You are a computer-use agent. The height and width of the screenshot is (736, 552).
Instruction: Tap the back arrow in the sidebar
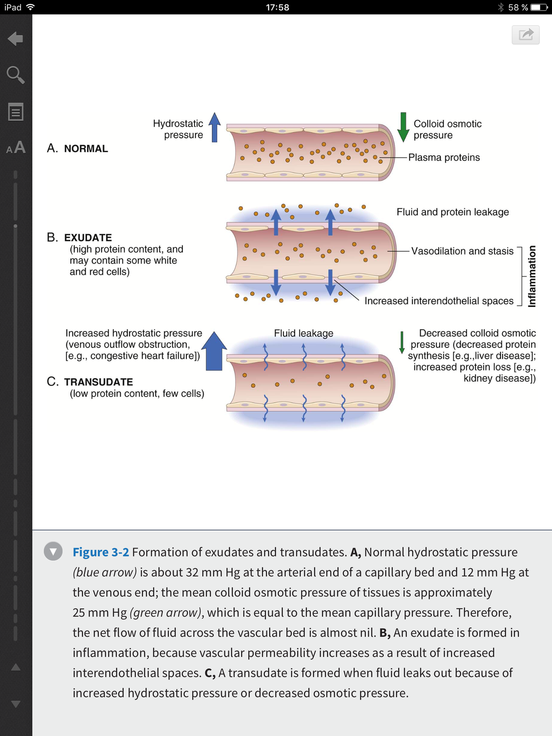(15, 39)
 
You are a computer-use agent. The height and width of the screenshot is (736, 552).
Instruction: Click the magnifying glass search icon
(15, 75)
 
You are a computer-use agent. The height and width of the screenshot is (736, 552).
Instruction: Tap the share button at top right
(526, 34)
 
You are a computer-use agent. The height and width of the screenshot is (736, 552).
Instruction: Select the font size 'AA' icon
(16, 148)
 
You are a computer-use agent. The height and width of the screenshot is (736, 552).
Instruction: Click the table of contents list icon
(16, 112)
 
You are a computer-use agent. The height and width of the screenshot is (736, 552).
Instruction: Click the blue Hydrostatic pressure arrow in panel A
(214, 127)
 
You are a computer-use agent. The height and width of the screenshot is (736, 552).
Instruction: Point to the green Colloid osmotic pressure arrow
(403, 127)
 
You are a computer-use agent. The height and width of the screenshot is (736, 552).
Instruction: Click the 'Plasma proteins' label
(444, 158)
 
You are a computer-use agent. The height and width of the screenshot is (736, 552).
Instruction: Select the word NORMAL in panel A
(86, 149)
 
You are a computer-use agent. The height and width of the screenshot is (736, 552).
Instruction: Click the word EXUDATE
(88, 238)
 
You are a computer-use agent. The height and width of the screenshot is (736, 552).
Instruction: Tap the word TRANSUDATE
(98, 382)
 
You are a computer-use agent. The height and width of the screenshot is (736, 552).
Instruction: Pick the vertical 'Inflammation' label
(532, 276)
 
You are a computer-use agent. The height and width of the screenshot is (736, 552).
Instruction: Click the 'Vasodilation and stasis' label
(462, 251)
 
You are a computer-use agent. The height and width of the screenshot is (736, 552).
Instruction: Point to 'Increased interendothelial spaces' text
(439, 301)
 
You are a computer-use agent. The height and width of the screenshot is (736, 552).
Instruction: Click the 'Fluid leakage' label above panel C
(303, 333)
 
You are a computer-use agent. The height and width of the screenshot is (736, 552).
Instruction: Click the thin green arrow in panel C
(401, 342)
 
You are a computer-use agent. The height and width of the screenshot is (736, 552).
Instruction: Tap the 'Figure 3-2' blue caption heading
(101, 552)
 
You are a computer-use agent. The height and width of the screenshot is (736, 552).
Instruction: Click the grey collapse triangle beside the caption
(53, 551)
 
